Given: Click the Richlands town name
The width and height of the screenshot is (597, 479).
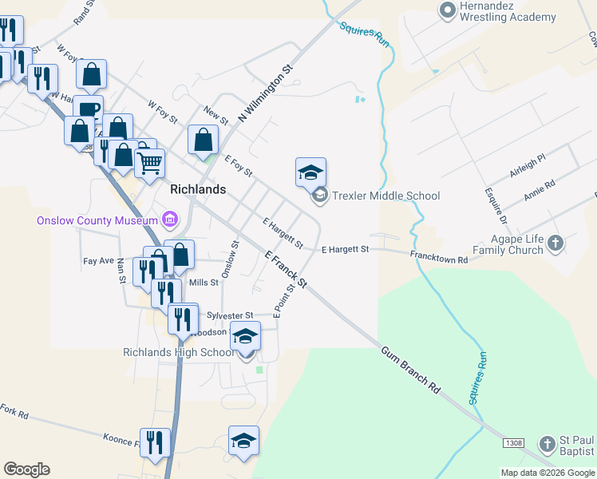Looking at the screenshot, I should tap(198, 190).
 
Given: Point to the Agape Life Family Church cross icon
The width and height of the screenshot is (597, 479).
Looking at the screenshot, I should tap(556, 243).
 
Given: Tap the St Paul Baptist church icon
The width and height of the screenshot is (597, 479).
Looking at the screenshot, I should tap(547, 443).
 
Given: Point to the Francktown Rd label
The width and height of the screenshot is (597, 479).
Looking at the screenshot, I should tap(439, 255).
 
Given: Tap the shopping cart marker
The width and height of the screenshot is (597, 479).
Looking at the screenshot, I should tap(149, 164).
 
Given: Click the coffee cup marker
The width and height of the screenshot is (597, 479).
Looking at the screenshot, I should tap(88, 109).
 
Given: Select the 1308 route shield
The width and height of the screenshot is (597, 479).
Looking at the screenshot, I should tap(513, 441).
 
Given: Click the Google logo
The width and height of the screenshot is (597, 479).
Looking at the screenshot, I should tap(26, 469).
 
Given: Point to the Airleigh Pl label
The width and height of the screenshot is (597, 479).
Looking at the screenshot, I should tap(526, 167).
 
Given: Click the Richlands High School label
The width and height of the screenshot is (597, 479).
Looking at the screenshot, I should tap(178, 352).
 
